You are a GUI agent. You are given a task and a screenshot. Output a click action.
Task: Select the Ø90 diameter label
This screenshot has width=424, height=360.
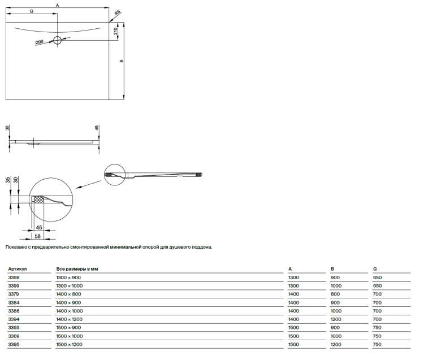[x=39, y=42]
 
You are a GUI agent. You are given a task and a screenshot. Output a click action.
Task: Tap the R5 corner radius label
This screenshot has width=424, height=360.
[x=118, y=12]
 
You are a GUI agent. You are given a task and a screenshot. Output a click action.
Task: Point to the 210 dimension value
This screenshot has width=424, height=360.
[x=115, y=31]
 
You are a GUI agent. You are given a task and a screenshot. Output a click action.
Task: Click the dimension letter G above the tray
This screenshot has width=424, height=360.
[x=31, y=11]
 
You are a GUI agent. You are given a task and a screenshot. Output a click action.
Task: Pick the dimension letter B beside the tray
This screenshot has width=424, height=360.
[x=122, y=61]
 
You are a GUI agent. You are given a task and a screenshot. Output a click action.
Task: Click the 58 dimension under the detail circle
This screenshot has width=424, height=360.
[x=37, y=236]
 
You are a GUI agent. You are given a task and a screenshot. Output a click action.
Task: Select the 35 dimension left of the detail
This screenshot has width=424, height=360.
[x=8, y=180]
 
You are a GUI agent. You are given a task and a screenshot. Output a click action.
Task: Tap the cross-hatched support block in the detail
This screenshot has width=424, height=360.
[x=38, y=199]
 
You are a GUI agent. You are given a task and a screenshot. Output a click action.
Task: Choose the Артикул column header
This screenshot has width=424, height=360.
[x=18, y=269]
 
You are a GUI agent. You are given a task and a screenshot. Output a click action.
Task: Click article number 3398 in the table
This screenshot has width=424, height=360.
[x=14, y=277]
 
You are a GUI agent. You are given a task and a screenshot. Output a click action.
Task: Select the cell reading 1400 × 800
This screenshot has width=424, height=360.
[x=68, y=294]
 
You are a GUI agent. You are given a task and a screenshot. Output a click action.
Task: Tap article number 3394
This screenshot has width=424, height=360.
[x=14, y=319]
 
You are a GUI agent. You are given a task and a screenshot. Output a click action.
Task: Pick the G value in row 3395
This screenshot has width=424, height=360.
[x=377, y=344]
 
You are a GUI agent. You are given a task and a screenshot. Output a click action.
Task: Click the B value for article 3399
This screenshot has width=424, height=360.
[x=336, y=285]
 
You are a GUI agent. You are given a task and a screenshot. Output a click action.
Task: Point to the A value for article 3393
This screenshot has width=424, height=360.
[x=293, y=328]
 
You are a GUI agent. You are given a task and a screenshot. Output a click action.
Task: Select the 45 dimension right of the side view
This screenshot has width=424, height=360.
[x=97, y=128]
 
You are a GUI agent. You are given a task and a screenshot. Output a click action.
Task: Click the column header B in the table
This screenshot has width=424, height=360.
[x=332, y=269]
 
